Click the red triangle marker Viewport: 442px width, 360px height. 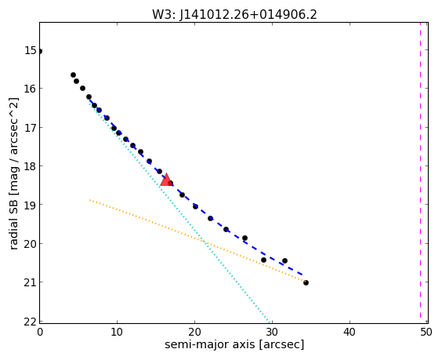pyautogui.click(x=166, y=180)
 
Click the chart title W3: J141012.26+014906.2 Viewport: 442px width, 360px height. pyautogui.click(x=234, y=14)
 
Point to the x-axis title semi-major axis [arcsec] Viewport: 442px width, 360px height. pyautogui.click(x=234, y=345)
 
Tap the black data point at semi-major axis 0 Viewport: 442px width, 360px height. pyautogui.click(x=40, y=51)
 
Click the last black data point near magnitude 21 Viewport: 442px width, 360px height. pyautogui.click(x=306, y=282)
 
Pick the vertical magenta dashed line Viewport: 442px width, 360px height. pyautogui.click(x=420, y=173)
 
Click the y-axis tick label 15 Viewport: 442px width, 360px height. pyautogui.click(x=30, y=50)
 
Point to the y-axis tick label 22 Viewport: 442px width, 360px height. pyautogui.click(x=30, y=322)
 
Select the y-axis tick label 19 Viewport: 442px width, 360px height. pyautogui.click(x=30, y=205)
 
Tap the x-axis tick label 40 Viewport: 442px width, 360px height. pyautogui.click(x=350, y=332)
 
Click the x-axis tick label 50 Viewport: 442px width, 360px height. pyautogui.click(x=426, y=332)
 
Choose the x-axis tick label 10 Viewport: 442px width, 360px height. pyautogui.click(x=117, y=332)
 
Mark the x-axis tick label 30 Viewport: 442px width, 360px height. pyautogui.click(x=272, y=332)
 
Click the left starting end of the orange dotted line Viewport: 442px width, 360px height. pyautogui.click(x=89, y=200)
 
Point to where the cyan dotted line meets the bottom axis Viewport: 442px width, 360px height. pyautogui.click(x=270, y=322)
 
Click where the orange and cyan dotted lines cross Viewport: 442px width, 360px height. pyautogui.click(x=204, y=242)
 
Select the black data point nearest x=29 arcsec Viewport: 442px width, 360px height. pyautogui.click(x=263, y=260)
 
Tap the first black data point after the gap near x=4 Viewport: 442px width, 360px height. pyautogui.click(x=74, y=75)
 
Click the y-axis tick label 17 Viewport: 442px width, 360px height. pyautogui.click(x=30, y=128)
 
